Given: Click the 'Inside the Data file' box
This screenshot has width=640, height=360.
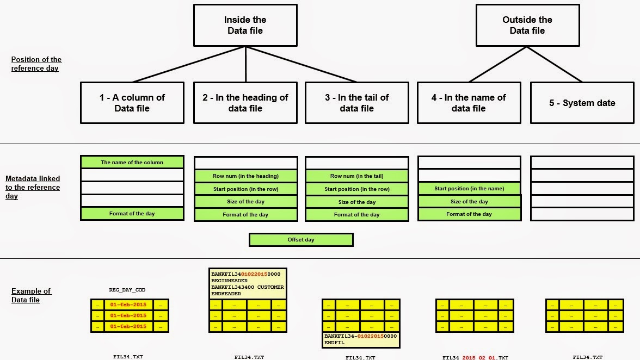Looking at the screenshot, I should click(245, 25).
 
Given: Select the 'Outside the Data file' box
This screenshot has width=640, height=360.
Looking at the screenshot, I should click(527, 25).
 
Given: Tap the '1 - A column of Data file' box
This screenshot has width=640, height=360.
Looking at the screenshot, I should click(132, 103).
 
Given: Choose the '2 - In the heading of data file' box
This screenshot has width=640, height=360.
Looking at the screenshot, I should click(245, 103).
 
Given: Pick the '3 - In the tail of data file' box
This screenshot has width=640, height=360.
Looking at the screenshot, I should click(356, 103).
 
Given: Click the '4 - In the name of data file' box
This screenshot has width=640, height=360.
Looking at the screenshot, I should click(469, 103).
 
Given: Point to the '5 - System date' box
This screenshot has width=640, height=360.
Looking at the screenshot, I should click(582, 103).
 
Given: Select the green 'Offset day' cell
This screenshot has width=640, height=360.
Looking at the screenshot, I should click(301, 240).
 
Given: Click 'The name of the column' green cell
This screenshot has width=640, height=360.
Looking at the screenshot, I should click(132, 162).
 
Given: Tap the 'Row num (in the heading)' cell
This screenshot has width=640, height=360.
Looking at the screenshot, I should click(245, 176).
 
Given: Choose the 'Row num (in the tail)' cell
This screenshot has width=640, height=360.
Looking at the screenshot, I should click(356, 176).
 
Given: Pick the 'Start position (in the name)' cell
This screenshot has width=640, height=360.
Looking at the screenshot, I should click(469, 189).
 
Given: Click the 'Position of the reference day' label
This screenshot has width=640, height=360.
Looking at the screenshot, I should click(36, 64).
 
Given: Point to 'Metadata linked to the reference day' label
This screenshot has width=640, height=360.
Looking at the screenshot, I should click(33, 187).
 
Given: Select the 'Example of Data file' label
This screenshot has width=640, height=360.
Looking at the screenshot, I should click(32, 295).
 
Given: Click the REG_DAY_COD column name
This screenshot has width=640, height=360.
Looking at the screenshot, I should click(127, 290).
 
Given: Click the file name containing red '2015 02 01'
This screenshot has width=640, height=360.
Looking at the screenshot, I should click(475, 358).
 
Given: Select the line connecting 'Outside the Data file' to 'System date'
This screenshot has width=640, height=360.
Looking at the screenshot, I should click(555, 64).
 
